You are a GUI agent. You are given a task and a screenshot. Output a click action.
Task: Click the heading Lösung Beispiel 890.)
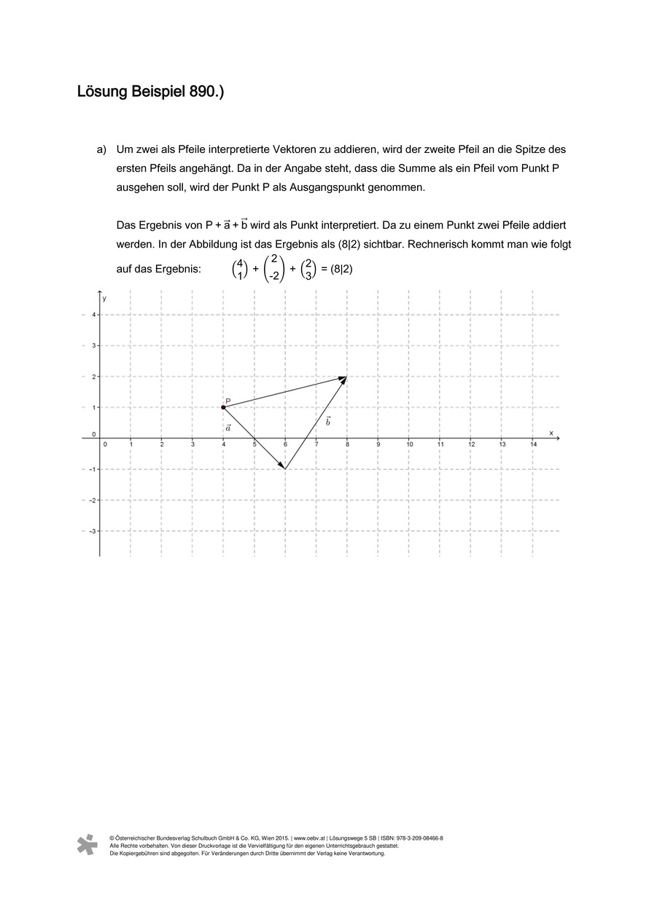coord(150,93)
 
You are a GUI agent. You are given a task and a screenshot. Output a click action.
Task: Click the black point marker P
coord(223,407)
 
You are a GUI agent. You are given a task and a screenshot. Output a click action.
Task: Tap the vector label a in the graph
coord(228,428)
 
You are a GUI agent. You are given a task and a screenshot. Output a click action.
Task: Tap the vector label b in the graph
coord(327,422)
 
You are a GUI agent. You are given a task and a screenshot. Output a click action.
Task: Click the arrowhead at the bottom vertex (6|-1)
coord(283,467)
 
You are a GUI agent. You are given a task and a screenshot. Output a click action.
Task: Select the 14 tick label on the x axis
coord(533,444)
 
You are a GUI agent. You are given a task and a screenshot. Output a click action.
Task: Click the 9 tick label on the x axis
coord(378,444)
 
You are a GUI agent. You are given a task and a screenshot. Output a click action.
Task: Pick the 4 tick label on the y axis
coord(93,315)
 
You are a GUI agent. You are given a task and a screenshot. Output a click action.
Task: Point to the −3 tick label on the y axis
coord(92,531)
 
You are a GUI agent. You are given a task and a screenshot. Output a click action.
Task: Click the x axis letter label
coord(551,433)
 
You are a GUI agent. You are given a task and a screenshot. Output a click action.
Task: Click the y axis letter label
coord(105,299)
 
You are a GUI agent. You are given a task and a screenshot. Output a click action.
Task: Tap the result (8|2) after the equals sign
coord(341,269)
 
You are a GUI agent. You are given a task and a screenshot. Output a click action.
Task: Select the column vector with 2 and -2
coord(274,269)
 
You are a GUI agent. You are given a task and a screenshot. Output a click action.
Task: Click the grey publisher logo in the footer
coord(88,844)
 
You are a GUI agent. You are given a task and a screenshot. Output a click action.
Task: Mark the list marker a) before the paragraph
coord(102,149)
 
